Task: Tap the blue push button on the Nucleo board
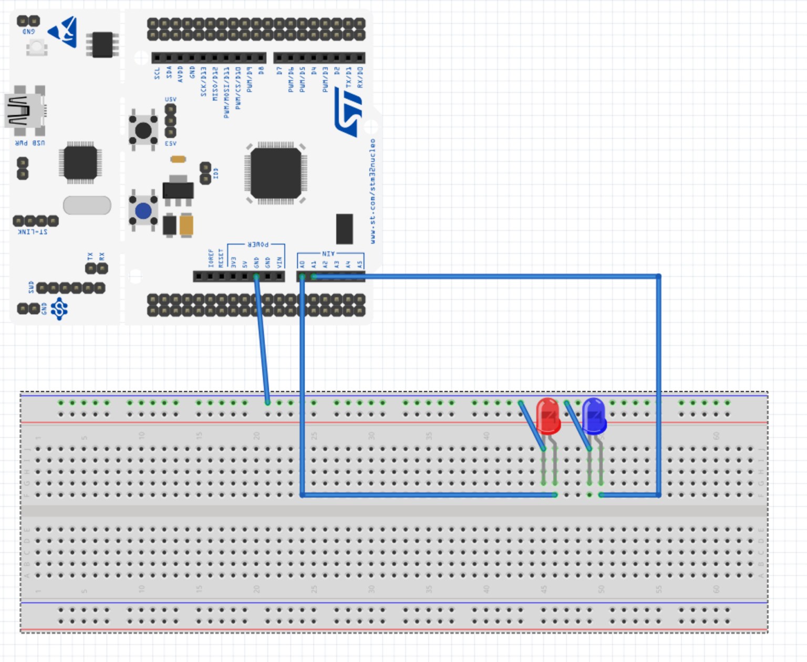(143, 211)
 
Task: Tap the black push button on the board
(143, 130)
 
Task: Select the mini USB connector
(25, 110)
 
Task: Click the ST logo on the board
(349, 113)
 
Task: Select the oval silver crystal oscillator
(87, 205)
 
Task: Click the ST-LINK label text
(33, 232)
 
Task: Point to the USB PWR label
(30, 143)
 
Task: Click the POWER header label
(257, 245)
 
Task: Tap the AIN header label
(328, 253)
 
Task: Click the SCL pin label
(157, 74)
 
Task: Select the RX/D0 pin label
(360, 77)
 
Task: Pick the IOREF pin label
(211, 258)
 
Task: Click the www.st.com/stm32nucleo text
(373, 190)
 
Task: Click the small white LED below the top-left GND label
(36, 48)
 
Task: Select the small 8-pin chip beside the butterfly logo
(102, 45)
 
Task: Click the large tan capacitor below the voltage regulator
(186, 225)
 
